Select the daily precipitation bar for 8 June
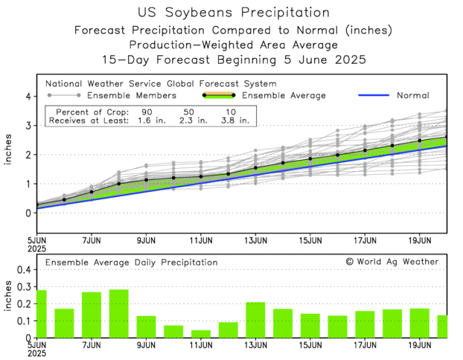[x=118, y=314]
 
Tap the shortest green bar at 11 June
[x=201, y=334]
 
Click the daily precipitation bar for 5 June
[x=41, y=314]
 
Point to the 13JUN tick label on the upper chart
[x=255, y=241]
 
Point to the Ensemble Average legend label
[x=286, y=95]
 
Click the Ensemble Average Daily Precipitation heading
[x=132, y=263]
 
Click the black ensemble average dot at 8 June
[x=119, y=183]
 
